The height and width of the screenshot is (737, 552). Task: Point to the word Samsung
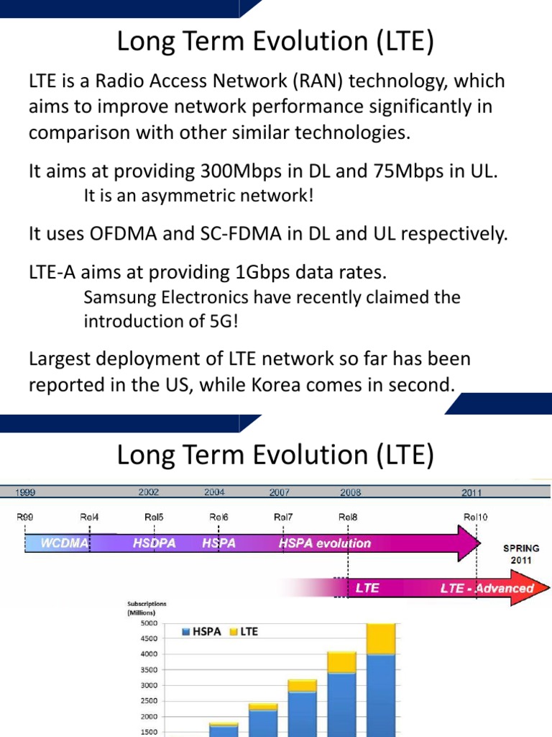(x=124, y=297)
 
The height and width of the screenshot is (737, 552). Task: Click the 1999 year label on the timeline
(x=26, y=493)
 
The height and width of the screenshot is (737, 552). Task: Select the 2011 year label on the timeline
(x=471, y=493)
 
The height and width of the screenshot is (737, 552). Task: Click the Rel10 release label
(x=476, y=516)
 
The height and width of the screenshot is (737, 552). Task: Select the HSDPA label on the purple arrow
(x=155, y=543)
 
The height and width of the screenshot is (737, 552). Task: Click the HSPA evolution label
(x=325, y=543)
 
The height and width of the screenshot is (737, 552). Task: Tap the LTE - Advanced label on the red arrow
(x=487, y=588)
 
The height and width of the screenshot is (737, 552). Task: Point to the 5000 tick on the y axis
(x=148, y=623)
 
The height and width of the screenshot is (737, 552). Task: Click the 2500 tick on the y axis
(x=148, y=700)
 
